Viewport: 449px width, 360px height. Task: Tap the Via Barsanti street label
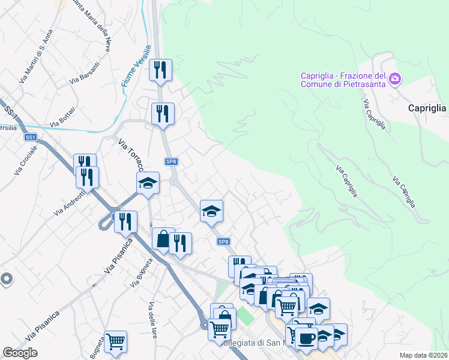click(84, 71)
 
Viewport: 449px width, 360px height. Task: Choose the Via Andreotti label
click(67, 205)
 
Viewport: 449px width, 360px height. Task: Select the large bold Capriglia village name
click(427, 109)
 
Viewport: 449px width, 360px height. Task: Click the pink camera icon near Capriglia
click(395, 79)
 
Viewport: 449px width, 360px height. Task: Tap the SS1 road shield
click(31, 137)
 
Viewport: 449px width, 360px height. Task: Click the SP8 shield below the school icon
click(223, 242)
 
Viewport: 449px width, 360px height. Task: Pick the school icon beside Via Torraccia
click(148, 183)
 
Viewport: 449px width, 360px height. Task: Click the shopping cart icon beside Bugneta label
click(115, 341)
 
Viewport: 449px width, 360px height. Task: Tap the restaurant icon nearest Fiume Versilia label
click(160, 70)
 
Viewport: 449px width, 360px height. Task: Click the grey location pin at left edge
click(6, 279)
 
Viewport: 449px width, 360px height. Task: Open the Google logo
click(20, 352)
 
